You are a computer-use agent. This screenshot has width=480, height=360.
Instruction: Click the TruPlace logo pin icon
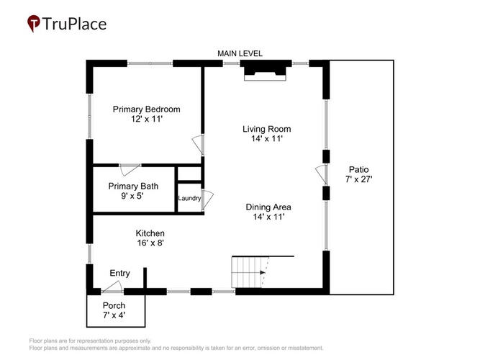coord(33,23)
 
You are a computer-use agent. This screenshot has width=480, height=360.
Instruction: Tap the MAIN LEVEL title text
coord(240,53)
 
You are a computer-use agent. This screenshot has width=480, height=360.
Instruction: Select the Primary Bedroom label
coord(146,109)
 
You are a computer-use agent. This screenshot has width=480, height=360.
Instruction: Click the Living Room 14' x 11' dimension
coord(267,139)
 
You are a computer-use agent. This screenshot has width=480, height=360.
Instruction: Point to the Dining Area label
coord(268,207)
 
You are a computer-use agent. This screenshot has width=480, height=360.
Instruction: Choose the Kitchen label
coord(150,233)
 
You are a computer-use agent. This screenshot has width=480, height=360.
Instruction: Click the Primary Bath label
coord(133,186)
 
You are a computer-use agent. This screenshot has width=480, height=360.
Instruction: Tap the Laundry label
coord(189,198)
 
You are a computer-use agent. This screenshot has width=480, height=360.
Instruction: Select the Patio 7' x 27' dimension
coord(359,179)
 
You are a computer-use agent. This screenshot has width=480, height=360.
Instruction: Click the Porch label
coord(114,305)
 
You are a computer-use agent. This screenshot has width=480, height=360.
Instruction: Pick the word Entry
coord(119,274)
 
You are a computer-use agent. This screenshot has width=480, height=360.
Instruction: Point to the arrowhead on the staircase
coord(263,272)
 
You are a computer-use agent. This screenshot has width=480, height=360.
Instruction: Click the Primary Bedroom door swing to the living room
coord(198,144)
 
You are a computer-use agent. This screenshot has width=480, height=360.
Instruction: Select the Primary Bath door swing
coord(130,170)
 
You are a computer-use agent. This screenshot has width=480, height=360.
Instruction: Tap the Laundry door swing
coord(207,199)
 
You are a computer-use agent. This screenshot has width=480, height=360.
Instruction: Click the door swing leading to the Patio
coord(321,175)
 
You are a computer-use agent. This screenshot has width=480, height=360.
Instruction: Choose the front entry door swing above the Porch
coord(112,287)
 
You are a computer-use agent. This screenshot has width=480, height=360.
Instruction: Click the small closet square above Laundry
coord(189,174)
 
